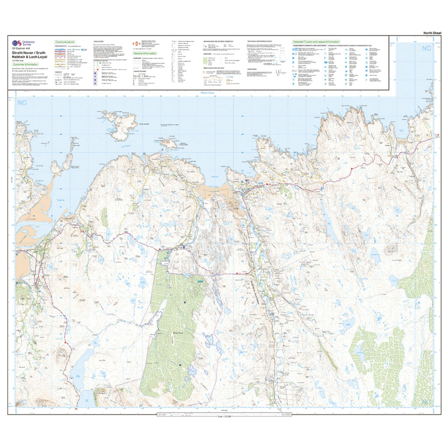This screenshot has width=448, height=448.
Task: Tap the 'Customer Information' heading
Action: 25,64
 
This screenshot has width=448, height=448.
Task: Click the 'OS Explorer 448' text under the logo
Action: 21,49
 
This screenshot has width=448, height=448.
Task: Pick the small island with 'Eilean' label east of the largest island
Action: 169,143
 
